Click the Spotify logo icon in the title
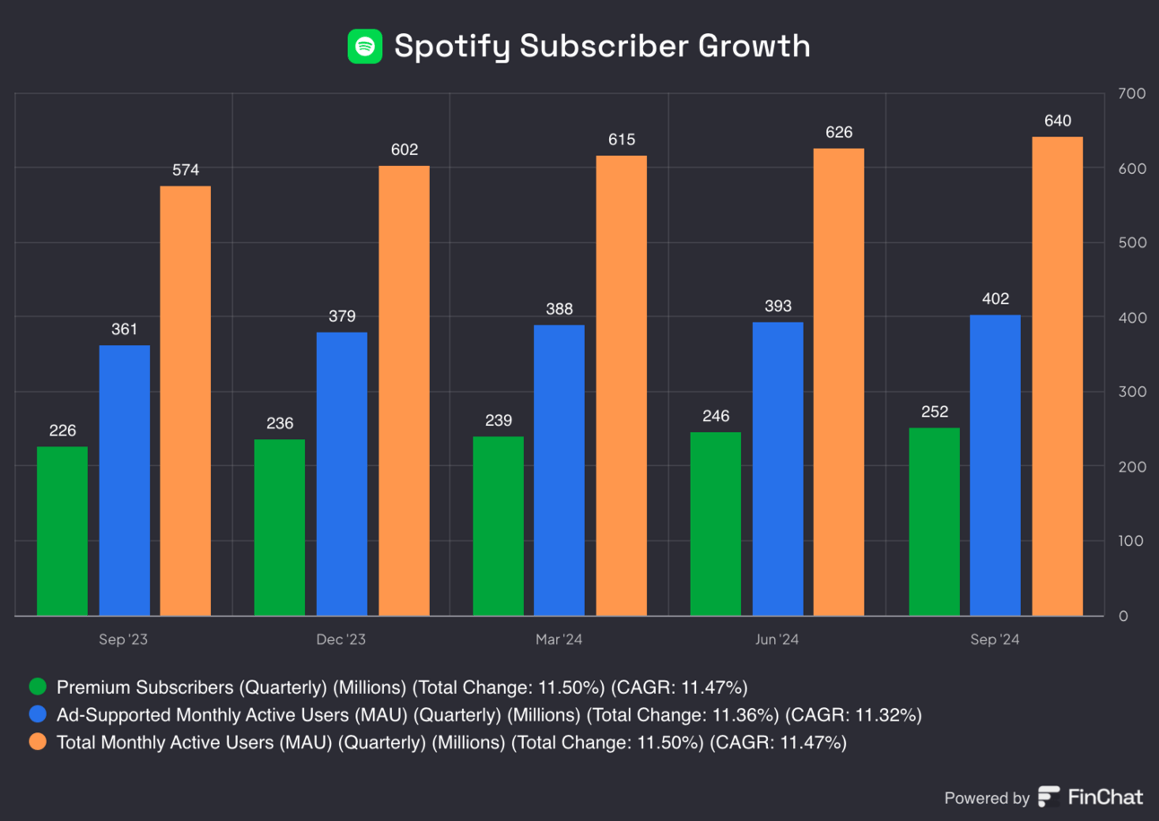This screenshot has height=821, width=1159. pyautogui.click(x=365, y=46)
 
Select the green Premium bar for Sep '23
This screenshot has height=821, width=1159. pyautogui.click(x=62, y=531)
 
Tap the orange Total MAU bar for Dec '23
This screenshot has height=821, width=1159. pyautogui.click(x=404, y=391)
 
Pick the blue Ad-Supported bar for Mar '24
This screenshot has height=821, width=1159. pyautogui.click(x=559, y=470)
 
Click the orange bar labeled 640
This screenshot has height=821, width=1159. pyautogui.click(x=1058, y=376)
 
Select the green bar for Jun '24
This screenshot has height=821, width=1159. pyautogui.click(x=716, y=523)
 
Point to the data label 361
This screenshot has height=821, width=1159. pyautogui.click(x=124, y=330)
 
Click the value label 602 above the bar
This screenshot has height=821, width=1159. pyautogui.click(x=405, y=150)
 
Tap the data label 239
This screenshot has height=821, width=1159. pyautogui.click(x=498, y=420)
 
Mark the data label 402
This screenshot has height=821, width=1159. pyautogui.click(x=995, y=298)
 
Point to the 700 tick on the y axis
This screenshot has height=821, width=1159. pyautogui.click(x=1129, y=94)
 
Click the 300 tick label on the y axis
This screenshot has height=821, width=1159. pyautogui.click(x=1129, y=392)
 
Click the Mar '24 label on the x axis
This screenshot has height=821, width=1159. pyautogui.click(x=559, y=640)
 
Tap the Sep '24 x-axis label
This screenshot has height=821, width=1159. pyautogui.click(x=995, y=640)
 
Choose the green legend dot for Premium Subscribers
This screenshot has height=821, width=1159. pyautogui.click(x=38, y=687)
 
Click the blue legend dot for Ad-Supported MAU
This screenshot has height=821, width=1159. pyautogui.click(x=38, y=715)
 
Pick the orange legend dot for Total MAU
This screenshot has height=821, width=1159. pyautogui.click(x=38, y=742)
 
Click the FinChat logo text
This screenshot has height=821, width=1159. pyautogui.click(x=1104, y=797)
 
